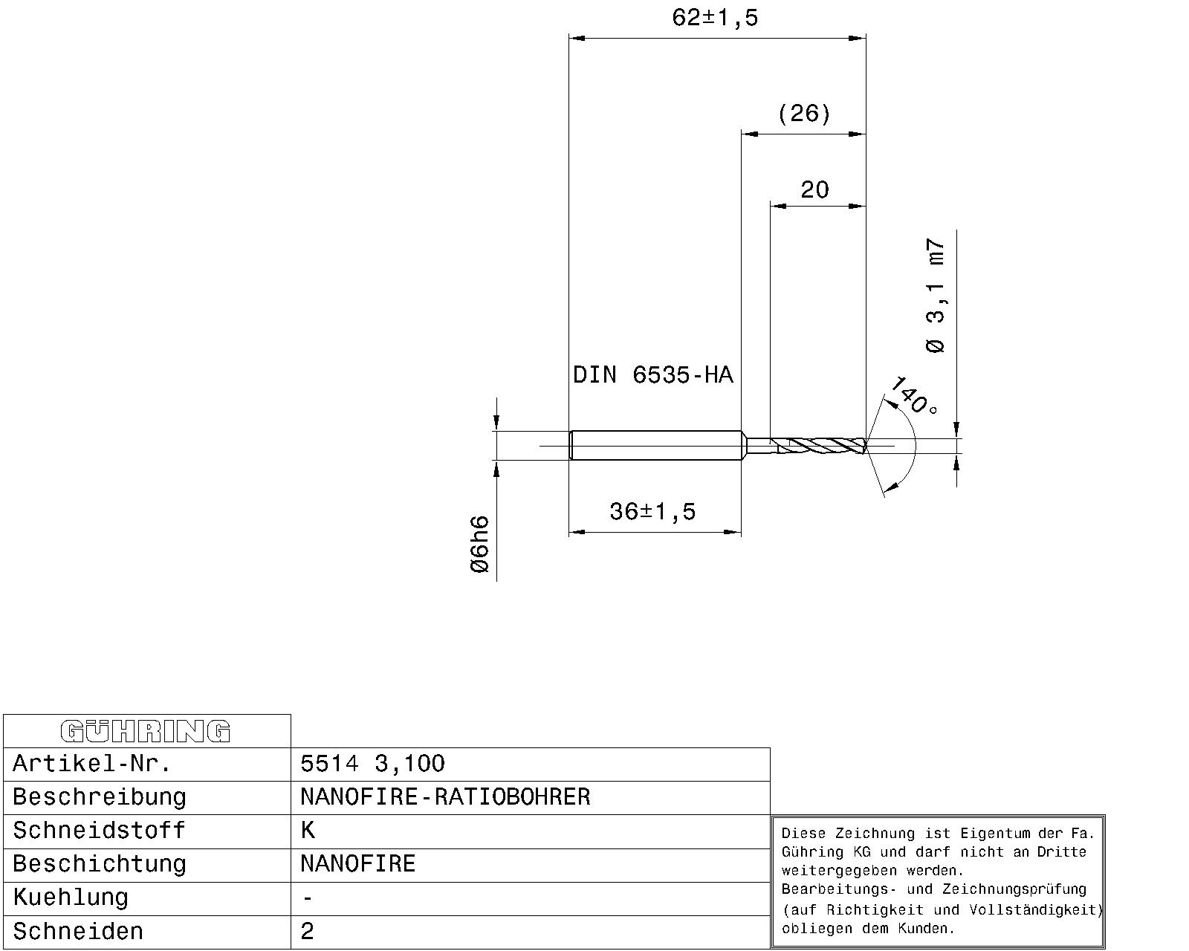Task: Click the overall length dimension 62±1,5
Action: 715,18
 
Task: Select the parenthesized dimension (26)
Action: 804,114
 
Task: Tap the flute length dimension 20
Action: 814,190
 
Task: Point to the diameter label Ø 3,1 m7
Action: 936,296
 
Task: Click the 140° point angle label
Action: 913,395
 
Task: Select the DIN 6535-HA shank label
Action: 652,375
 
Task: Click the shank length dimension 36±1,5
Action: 652,512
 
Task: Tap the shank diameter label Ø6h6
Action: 481,544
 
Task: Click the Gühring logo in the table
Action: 146,732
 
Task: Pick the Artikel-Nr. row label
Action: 92,764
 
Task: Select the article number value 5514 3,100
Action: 372,764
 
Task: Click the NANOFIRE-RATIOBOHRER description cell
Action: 445,797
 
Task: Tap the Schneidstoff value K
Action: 308,831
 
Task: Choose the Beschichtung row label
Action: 100,864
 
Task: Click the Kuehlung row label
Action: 71,898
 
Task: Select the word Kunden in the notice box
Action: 930,929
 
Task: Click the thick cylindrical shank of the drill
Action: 654,446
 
